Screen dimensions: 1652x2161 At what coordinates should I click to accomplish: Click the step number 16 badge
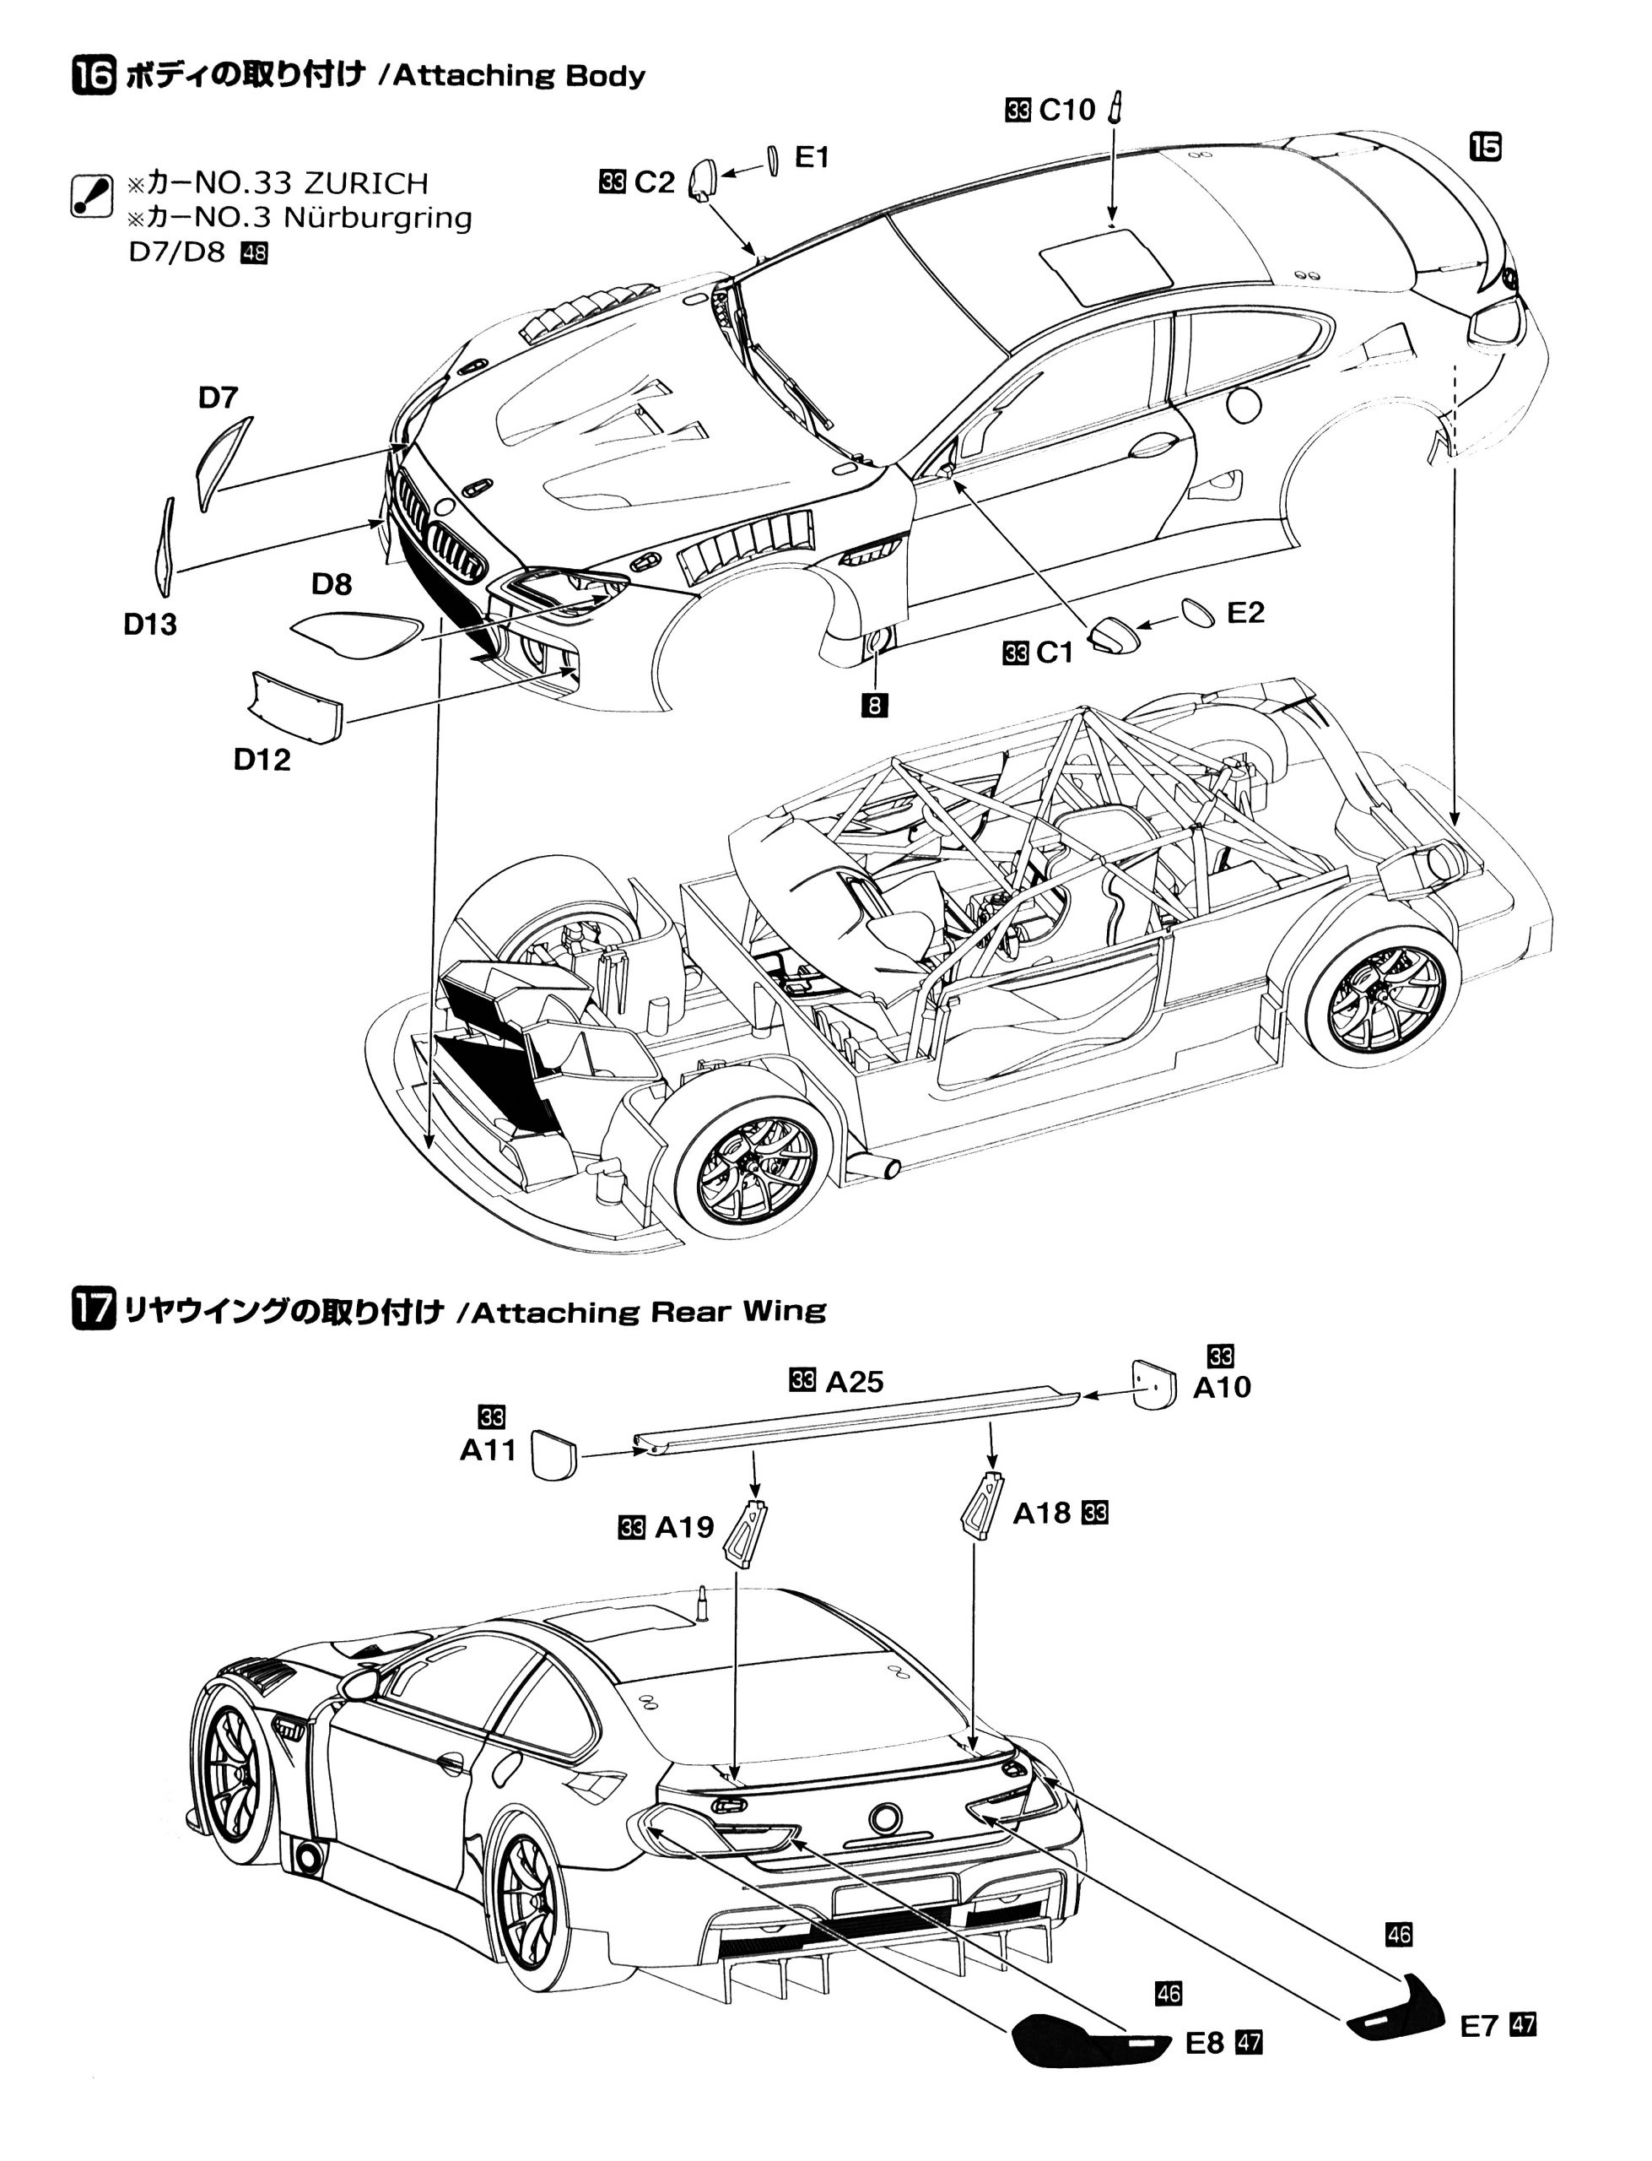pyautogui.click(x=94, y=76)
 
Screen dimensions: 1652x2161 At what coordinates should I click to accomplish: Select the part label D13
pyautogui.click(x=149, y=624)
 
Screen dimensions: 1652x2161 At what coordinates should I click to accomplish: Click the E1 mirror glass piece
pyautogui.click(x=772, y=161)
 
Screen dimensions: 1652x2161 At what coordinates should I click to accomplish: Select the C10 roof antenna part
pyautogui.click(x=1115, y=106)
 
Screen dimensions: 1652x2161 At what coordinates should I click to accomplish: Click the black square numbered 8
pyautogui.click(x=873, y=704)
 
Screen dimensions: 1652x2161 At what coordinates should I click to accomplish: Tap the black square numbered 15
pyautogui.click(x=1486, y=148)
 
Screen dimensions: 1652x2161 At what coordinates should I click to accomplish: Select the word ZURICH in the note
pyautogui.click(x=367, y=183)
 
